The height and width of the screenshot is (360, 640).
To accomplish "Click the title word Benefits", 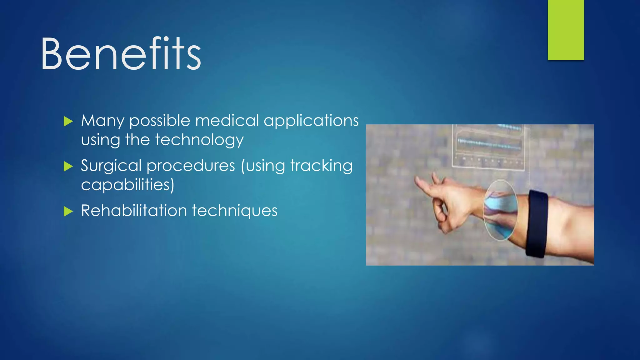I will pos(121,54).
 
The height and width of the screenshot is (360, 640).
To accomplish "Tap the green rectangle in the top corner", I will pos(566,30).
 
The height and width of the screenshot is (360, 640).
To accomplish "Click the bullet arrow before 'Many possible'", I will pos(68,121).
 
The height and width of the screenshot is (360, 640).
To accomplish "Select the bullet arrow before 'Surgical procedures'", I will pos(68,166).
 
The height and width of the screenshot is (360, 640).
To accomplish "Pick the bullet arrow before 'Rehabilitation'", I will pos(68,211).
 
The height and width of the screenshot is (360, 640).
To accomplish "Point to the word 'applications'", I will pos(311,121).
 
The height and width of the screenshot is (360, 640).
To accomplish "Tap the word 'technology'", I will pos(199,140).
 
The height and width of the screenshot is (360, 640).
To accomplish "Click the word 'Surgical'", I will pos(111,166).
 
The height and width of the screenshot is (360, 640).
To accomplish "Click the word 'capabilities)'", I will pos(127,185).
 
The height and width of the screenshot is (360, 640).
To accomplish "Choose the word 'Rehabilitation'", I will pos(134,211).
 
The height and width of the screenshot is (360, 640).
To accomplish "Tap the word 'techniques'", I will pos(234,211).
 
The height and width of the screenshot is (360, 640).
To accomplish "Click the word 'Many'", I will pos(102,121).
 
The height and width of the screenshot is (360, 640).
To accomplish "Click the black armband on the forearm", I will pos(537,223).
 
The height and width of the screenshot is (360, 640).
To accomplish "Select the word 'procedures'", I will pos(191,166).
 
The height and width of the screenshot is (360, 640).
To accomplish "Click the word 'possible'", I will pos(160,121).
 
